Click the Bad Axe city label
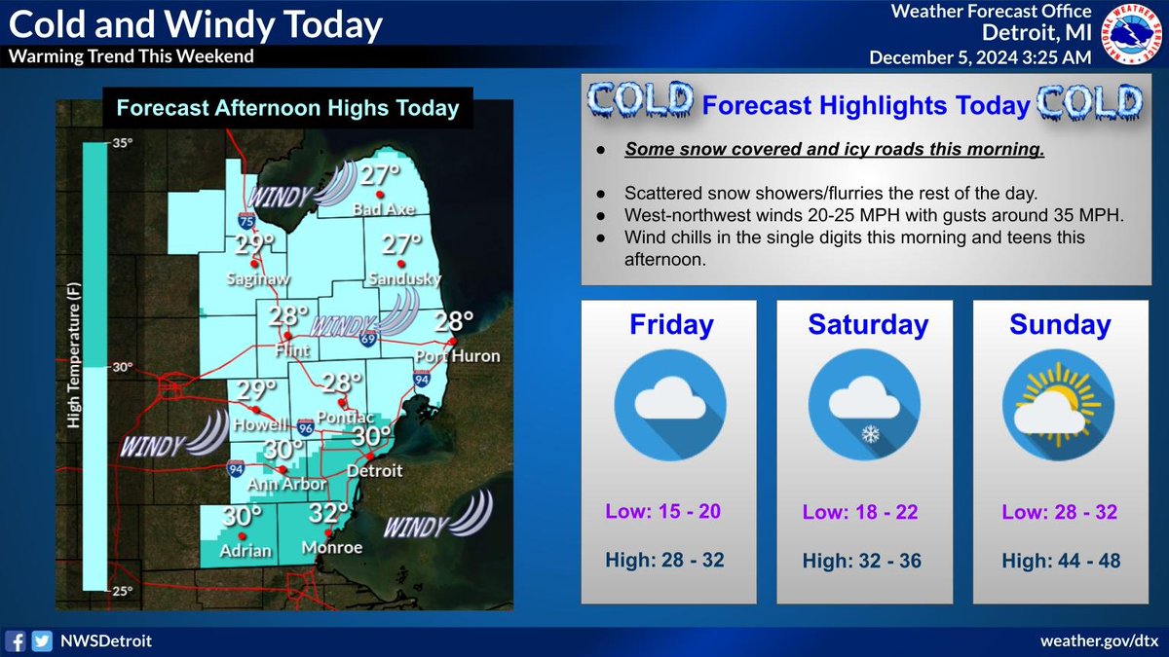click(378, 210)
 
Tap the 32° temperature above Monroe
click(329, 513)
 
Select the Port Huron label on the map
click(457, 356)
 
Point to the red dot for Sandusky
click(398, 263)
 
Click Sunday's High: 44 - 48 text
click(1059, 561)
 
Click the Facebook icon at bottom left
click(16, 640)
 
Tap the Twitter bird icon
click(41, 640)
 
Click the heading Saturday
click(867, 325)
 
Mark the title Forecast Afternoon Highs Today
click(287, 108)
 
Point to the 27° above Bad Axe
click(380, 176)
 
